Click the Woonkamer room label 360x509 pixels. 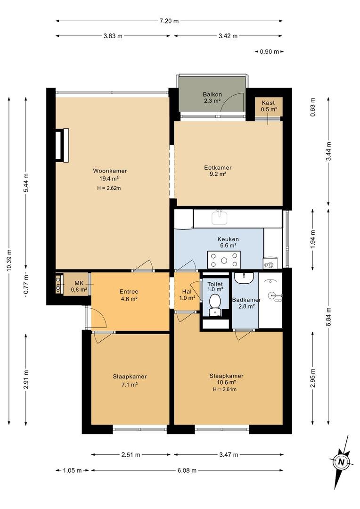tap(110, 171)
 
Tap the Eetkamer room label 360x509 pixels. tap(218, 168)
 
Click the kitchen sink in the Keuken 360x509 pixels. tap(220, 218)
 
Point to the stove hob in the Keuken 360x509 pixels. tap(224, 260)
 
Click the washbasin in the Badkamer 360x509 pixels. tap(244, 278)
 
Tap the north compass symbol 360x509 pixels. tap(341, 462)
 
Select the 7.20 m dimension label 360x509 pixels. tap(169, 21)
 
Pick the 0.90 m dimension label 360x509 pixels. tap(270, 51)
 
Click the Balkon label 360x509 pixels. tap(213, 94)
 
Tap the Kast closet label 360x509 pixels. tap(268, 103)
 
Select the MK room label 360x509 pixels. tap(79, 283)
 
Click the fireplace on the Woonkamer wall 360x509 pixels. tap(62, 145)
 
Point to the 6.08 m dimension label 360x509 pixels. tap(187, 470)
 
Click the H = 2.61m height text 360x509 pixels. tap(225, 390)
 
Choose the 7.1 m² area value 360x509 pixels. tap(130, 385)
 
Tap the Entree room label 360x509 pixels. tap(129, 292)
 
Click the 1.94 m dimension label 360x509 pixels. tap(312, 239)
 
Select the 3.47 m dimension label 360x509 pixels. tap(229, 455)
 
